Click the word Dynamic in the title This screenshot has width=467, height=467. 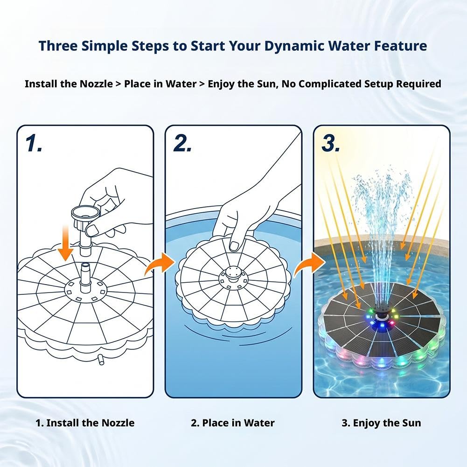pyautogui.click(x=293, y=46)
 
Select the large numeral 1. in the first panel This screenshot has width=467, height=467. pyautogui.click(x=34, y=143)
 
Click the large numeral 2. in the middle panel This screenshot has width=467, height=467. pyautogui.click(x=182, y=143)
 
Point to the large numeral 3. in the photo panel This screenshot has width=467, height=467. pyautogui.click(x=331, y=143)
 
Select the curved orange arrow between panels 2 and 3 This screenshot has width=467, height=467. pyautogui.click(x=308, y=264)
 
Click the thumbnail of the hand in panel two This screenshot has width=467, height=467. pyautogui.click(x=235, y=246)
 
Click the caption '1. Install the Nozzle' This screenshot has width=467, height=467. pyautogui.click(x=85, y=423)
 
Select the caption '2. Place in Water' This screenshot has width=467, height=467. pyautogui.click(x=233, y=423)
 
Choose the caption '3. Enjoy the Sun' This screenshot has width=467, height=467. pyautogui.click(x=381, y=423)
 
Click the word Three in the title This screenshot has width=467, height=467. pyautogui.click(x=57, y=46)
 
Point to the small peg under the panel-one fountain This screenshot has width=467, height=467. pyautogui.click(x=101, y=360)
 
